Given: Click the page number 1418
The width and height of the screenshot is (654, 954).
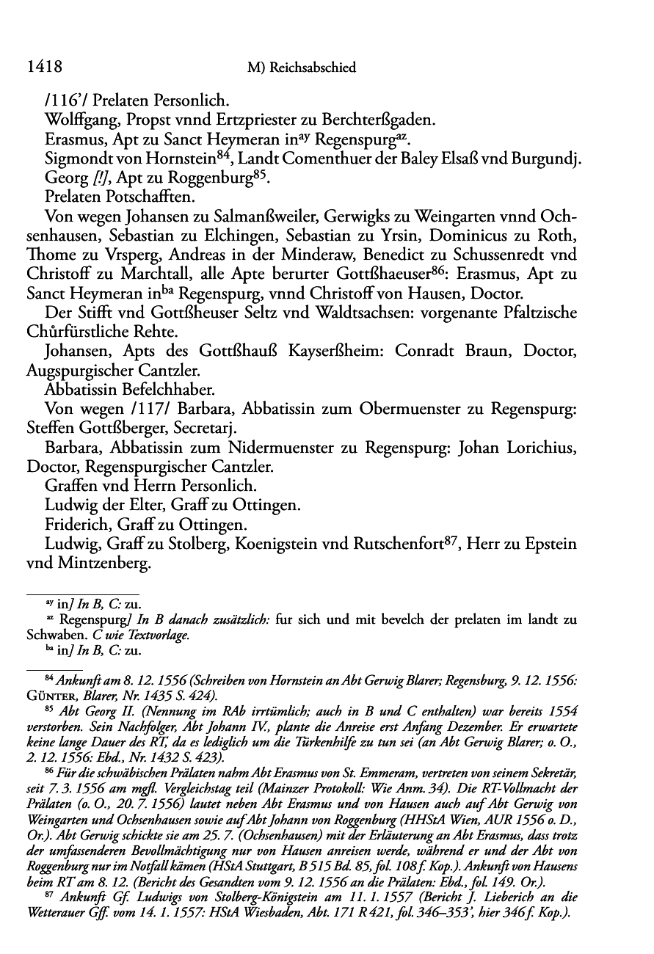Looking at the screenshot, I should point(43,68).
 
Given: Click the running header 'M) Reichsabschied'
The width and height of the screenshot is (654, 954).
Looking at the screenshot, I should point(302,68).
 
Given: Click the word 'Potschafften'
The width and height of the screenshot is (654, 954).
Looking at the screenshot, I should point(160,197).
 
